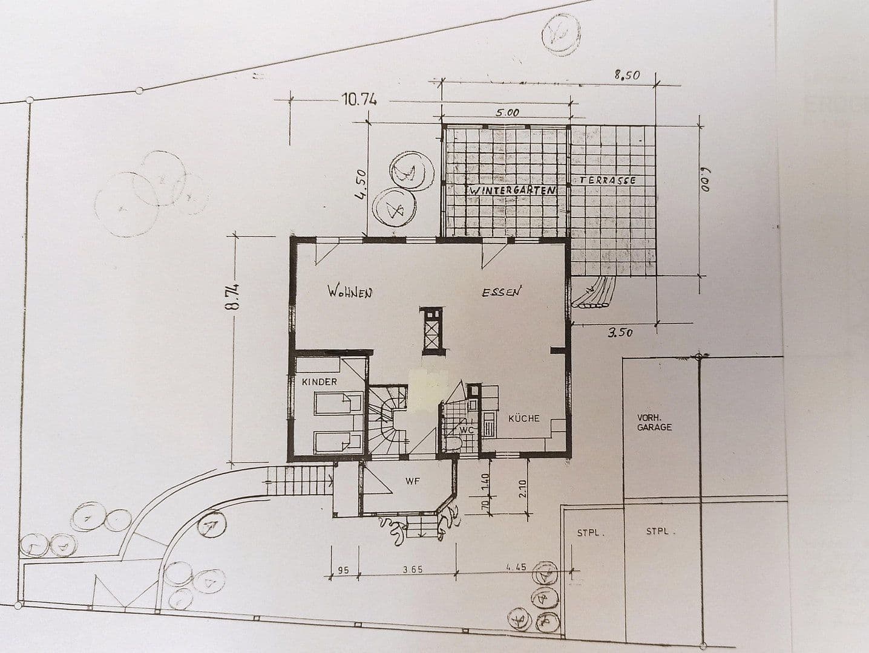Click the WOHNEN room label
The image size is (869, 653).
click(x=349, y=292)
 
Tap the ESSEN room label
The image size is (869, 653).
click(x=502, y=293)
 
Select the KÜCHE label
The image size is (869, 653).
click(x=523, y=418)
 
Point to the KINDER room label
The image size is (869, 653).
click(x=320, y=382)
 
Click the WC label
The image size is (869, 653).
click(x=466, y=429)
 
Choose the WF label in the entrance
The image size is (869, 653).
click(x=413, y=481)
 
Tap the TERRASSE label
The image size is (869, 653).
click(x=608, y=181)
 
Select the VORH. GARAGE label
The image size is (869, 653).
click(x=654, y=422)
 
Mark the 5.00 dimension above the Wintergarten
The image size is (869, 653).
click(x=507, y=112)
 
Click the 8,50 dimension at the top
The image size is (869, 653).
click(x=626, y=76)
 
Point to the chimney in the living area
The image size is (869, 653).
click(x=433, y=330)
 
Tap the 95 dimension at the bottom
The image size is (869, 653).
click(x=343, y=570)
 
